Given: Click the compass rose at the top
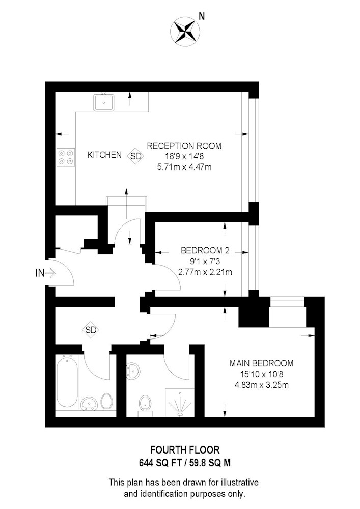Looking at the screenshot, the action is click(x=185, y=31).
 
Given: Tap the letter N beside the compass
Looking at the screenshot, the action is click(x=202, y=16).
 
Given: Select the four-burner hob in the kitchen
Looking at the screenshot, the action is click(x=66, y=157).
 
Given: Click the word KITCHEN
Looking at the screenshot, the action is click(x=104, y=155).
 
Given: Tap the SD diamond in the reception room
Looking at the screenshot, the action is click(x=136, y=156).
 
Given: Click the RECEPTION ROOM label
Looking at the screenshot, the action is click(x=184, y=146).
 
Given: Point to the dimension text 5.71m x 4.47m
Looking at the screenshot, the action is click(x=184, y=167).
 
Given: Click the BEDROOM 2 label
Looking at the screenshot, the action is click(x=205, y=250).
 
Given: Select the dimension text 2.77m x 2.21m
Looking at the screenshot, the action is click(x=205, y=272).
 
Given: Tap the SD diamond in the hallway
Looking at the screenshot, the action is click(x=91, y=330).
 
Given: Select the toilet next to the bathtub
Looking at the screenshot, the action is click(x=106, y=401).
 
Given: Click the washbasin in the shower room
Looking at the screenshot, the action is click(x=133, y=371).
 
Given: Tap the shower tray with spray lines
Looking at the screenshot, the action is click(x=180, y=403).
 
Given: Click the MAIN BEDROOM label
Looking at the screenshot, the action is click(x=261, y=363).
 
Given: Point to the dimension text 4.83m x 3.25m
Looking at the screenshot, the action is click(x=262, y=385).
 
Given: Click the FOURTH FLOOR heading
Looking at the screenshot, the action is click(x=185, y=450).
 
